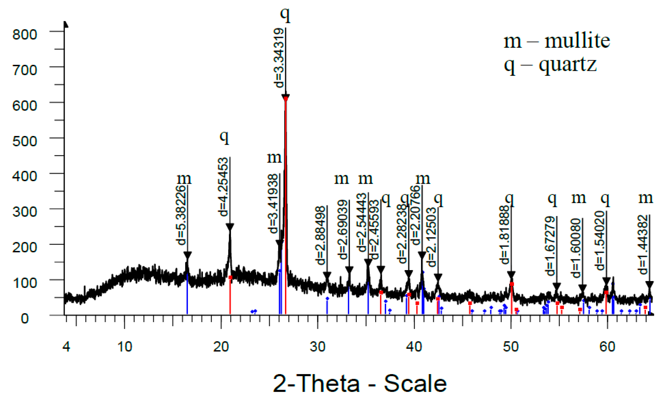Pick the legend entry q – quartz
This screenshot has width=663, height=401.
[x=550, y=65]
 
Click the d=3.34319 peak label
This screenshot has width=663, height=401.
[x=278, y=58]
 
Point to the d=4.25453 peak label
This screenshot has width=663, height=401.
[x=223, y=187]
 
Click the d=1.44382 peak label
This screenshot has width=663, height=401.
[x=643, y=245]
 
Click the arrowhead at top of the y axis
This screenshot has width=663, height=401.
[x=66, y=24]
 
